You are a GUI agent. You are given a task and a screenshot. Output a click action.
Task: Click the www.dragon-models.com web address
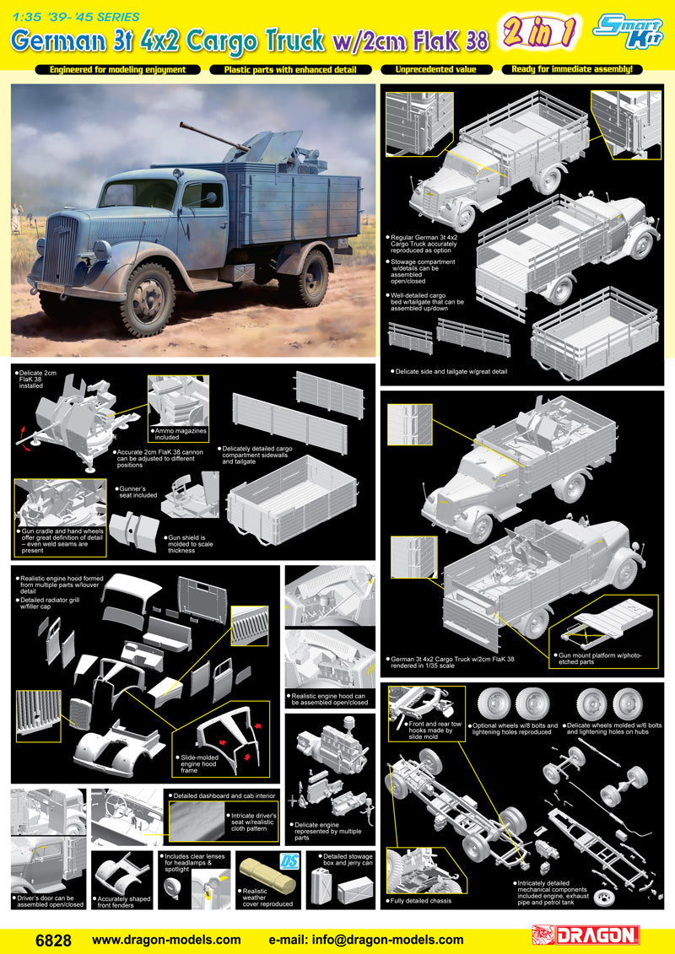[166, 939]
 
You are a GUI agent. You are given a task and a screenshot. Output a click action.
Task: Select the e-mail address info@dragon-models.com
[365, 939]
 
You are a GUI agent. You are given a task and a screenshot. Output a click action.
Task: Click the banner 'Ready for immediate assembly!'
[571, 69]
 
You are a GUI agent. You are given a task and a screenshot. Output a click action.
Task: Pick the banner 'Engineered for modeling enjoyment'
[117, 69]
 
